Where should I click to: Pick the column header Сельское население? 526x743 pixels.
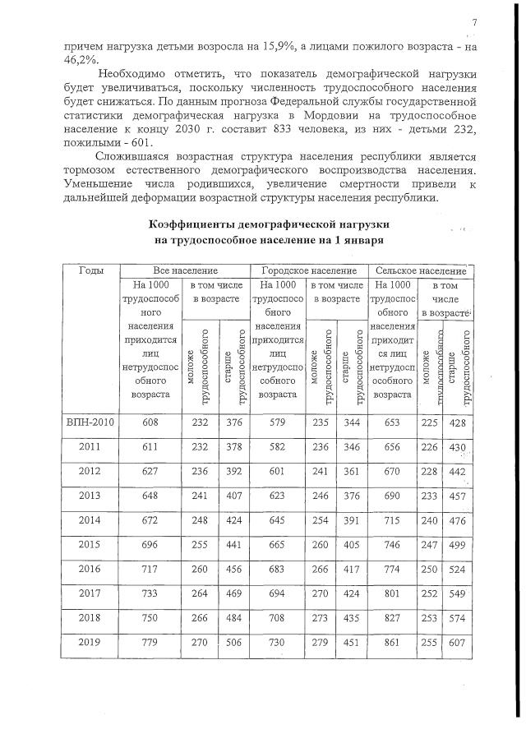421,270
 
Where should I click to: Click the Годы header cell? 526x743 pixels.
90,270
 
